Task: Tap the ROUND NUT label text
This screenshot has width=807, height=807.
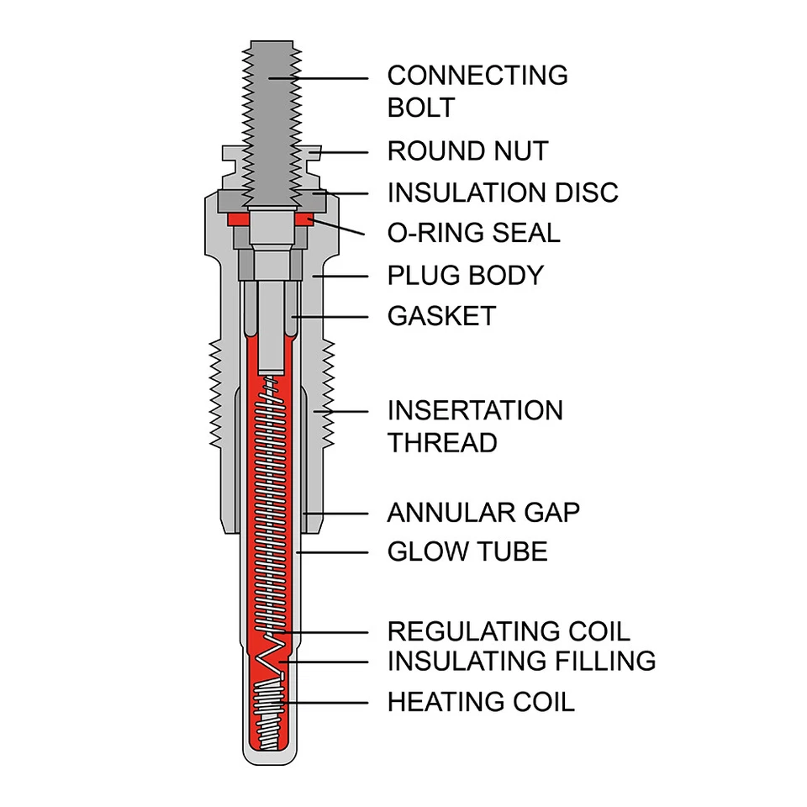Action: click(x=467, y=151)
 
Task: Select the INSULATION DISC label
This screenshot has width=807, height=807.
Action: click(x=502, y=193)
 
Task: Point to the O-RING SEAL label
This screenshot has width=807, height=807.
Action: click(x=473, y=233)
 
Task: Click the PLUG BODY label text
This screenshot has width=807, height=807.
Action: click(x=465, y=275)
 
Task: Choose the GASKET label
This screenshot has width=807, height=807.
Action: click(x=441, y=316)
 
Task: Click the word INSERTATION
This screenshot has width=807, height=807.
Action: click(x=475, y=411)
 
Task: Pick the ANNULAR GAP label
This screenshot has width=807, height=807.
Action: click(x=483, y=512)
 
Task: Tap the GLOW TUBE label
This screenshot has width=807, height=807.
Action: click(x=467, y=551)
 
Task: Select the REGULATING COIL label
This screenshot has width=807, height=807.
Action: click(x=508, y=631)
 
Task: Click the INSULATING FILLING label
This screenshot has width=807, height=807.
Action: click(x=521, y=661)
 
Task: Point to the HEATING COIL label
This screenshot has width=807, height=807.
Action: click(x=481, y=702)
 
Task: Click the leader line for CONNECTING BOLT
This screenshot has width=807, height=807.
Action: click(x=328, y=77)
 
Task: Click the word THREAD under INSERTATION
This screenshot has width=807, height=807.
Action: click(x=442, y=443)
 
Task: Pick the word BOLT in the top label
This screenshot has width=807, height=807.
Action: click(x=420, y=108)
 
